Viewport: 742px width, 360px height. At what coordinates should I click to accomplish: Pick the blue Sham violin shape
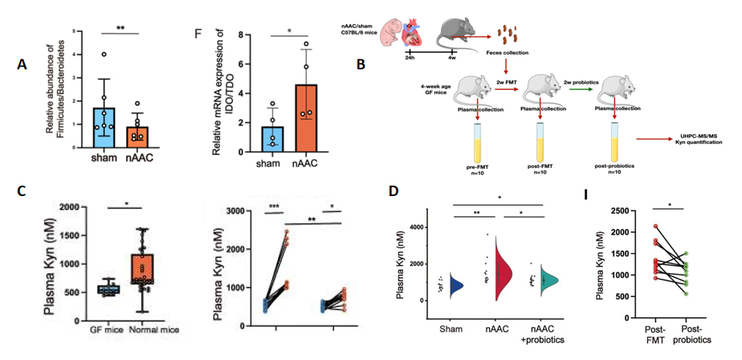pos(455,284)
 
